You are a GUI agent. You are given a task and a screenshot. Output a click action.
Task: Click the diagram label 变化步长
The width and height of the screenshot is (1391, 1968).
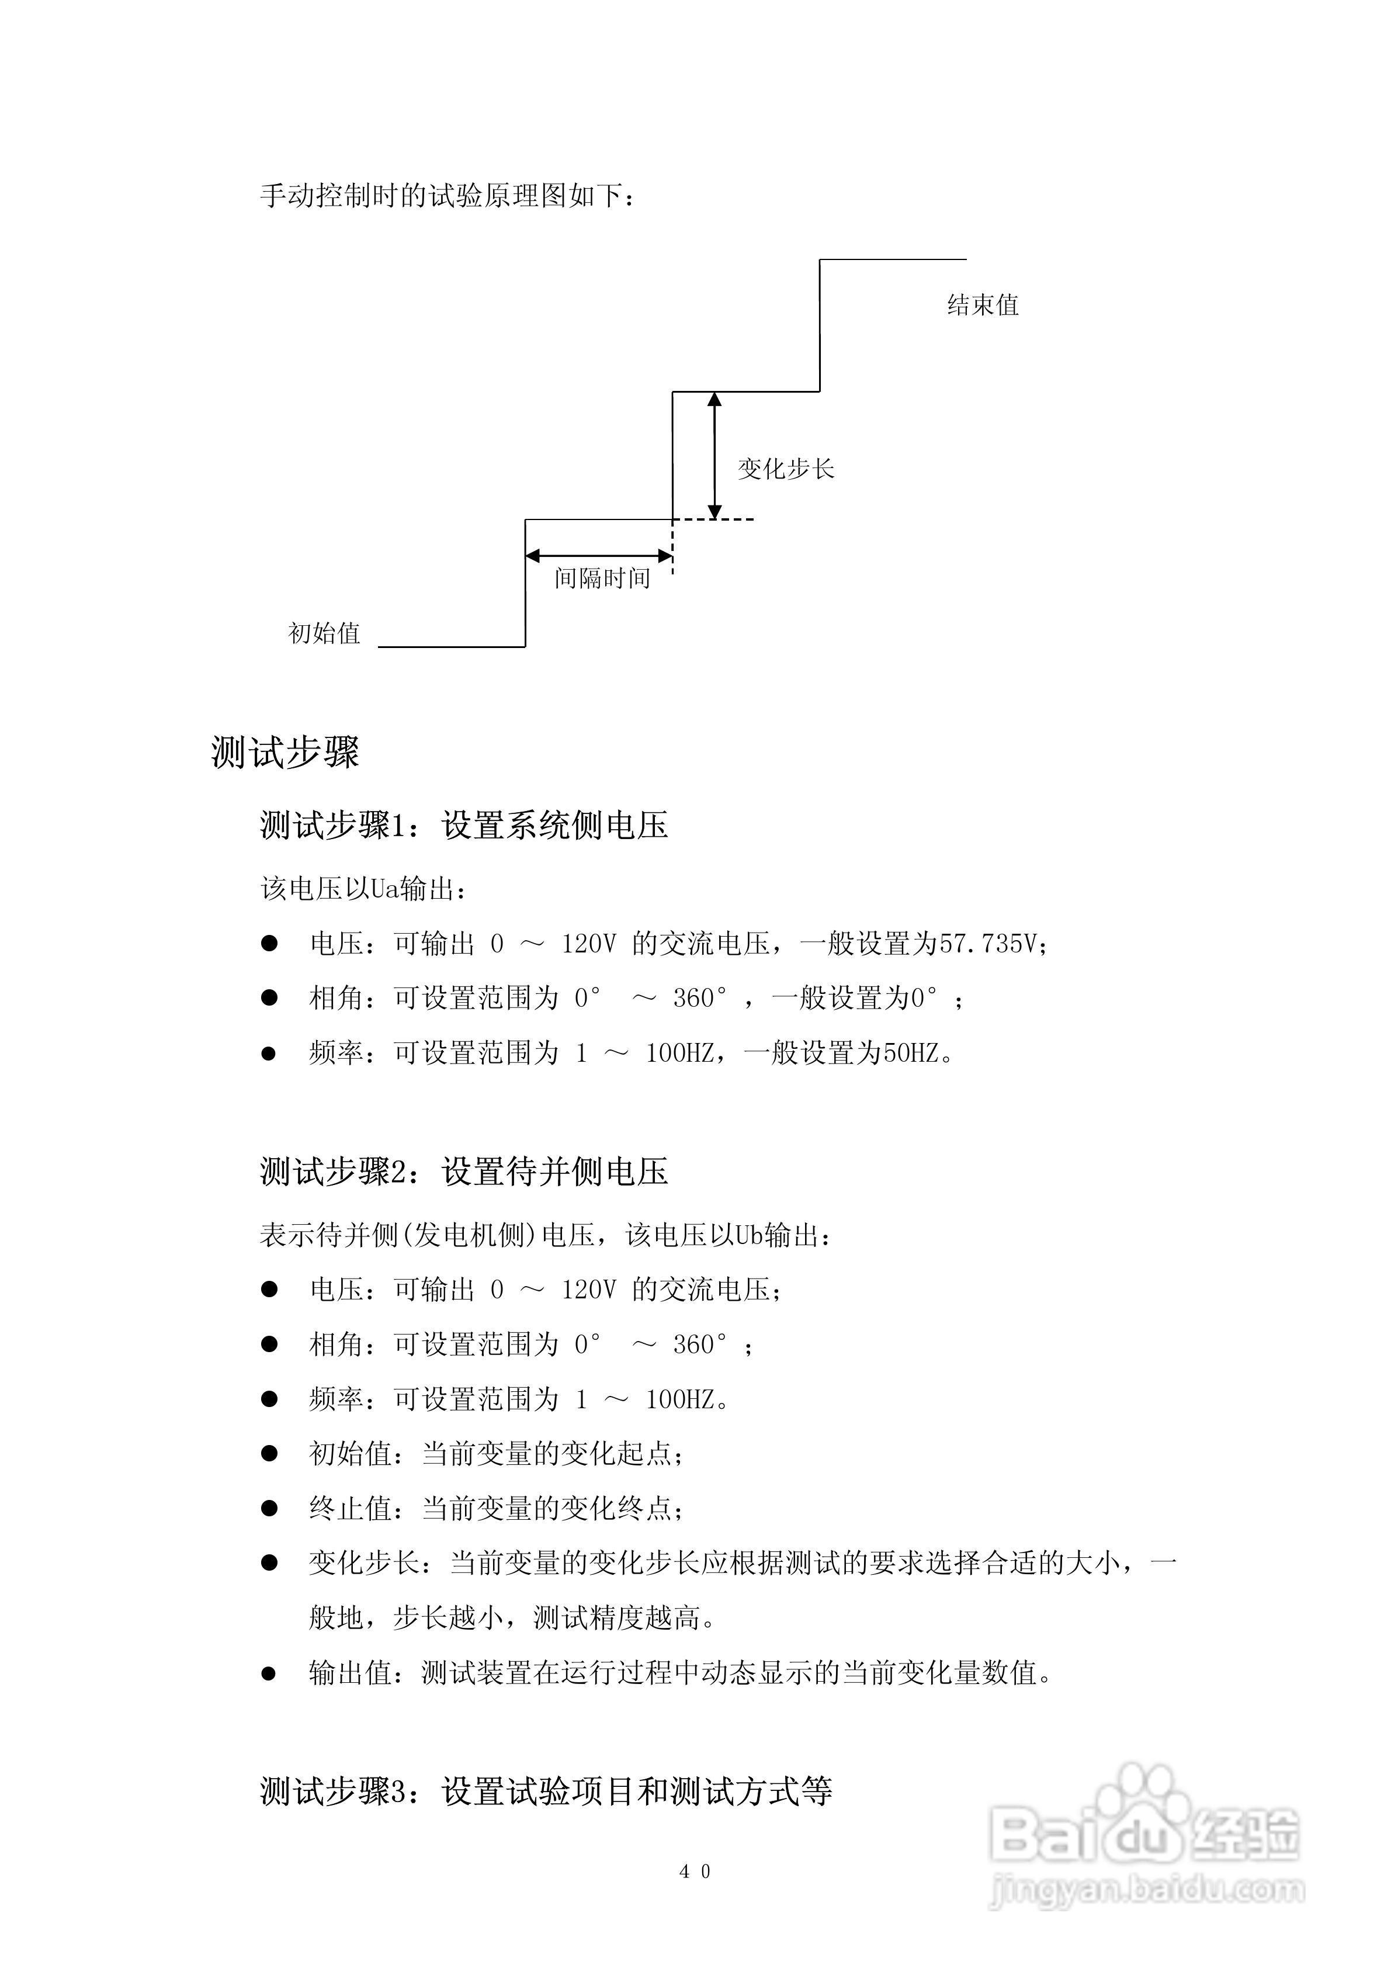point(785,469)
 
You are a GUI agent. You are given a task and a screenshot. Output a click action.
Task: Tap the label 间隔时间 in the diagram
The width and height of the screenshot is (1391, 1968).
point(602,578)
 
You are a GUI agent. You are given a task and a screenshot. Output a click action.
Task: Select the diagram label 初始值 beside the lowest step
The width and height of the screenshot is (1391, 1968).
point(324,633)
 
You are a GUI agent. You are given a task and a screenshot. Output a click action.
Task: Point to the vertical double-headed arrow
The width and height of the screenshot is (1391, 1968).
point(714,455)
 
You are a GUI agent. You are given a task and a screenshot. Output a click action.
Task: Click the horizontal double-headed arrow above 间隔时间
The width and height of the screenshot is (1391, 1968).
point(598,556)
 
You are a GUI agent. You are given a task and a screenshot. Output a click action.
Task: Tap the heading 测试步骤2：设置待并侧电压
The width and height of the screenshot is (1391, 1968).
point(464,1172)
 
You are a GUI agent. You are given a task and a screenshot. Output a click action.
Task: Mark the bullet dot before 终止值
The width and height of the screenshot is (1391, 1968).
point(269,1509)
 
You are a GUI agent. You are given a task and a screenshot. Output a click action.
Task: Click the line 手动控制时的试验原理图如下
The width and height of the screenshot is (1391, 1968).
point(448,196)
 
